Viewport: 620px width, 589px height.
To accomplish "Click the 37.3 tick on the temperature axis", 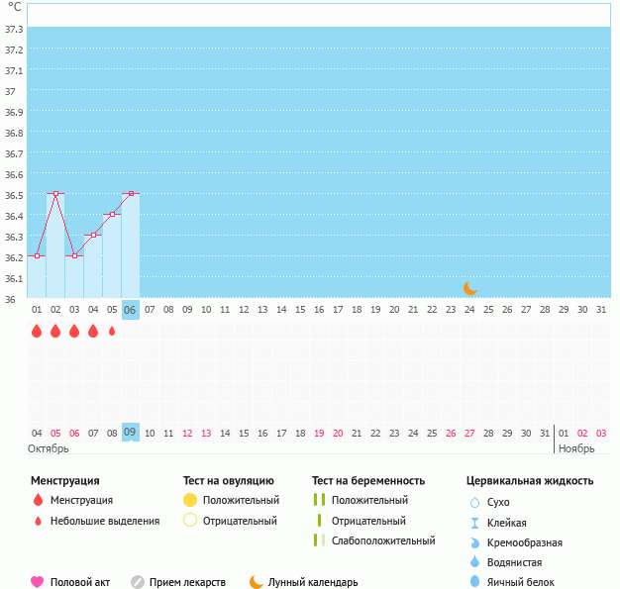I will click(x=14, y=29).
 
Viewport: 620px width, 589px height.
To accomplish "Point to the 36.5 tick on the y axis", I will click(x=14, y=195).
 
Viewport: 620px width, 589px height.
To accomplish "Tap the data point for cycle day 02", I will click(x=55, y=194).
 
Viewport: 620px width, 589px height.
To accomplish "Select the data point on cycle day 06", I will click(x=131, y=194).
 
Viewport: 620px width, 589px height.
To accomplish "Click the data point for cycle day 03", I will click(x=74, y=255).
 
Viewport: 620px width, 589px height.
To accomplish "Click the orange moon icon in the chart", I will click(x=470, y=288).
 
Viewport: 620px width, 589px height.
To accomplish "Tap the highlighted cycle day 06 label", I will click(x=131, y=310).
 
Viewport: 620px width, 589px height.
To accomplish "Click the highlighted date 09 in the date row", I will click(x=131, y=433).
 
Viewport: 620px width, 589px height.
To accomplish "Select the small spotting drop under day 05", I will click(x=112, y=331).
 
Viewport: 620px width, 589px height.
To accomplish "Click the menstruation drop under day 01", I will click(x=37, y=331).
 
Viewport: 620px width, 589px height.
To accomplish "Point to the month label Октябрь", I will click(x=49, y=448).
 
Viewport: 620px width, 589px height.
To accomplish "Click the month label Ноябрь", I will click(x=576, y=448).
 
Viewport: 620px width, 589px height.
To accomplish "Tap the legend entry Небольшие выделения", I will click(x=104, y=521).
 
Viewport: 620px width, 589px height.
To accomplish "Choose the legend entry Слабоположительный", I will click(x=383, y=540).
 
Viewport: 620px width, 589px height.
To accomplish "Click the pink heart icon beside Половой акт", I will click(x=38, y=582).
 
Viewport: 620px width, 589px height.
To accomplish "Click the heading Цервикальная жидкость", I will click(x=529, y=481).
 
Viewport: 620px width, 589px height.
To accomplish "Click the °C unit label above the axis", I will click(x=14, y=7).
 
